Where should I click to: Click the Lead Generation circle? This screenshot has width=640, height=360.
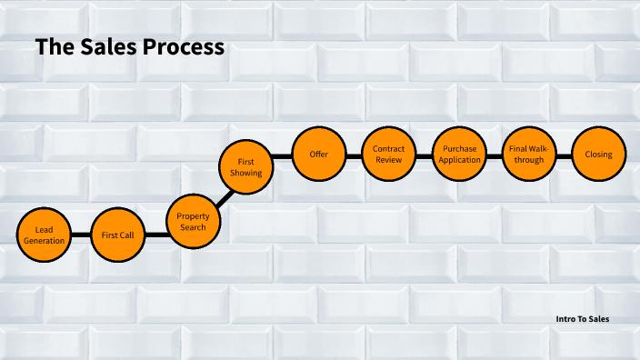[43, 235]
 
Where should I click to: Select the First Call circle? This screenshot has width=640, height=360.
[117, 235]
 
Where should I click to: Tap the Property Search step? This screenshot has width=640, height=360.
[192, 222]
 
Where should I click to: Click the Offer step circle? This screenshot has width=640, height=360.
[318, 155]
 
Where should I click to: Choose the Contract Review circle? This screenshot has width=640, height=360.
[388, 155]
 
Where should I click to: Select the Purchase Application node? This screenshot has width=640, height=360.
[458, 155]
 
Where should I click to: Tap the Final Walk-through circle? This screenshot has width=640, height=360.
[528, 155]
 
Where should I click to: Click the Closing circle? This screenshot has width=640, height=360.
[598, 155]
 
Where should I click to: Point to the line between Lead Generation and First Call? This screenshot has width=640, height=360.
[80, 235]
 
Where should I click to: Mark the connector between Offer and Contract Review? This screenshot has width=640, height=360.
[354, 155]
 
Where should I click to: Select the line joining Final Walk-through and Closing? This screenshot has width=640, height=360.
[564, 155]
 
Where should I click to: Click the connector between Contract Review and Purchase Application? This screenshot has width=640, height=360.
[424, 155]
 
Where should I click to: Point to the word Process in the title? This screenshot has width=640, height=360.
[183, 47]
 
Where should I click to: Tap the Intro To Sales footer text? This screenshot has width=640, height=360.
[583, 319]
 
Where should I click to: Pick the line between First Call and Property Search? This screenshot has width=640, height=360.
[155, 233]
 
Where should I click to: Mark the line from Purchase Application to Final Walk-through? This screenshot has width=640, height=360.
[494, 155]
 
